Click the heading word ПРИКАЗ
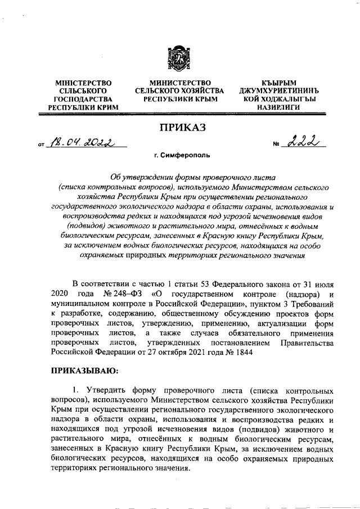179,128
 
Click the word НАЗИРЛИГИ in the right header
276,107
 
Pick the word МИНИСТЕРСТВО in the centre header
179,83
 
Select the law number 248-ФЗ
122,294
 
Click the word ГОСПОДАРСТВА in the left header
83,99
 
